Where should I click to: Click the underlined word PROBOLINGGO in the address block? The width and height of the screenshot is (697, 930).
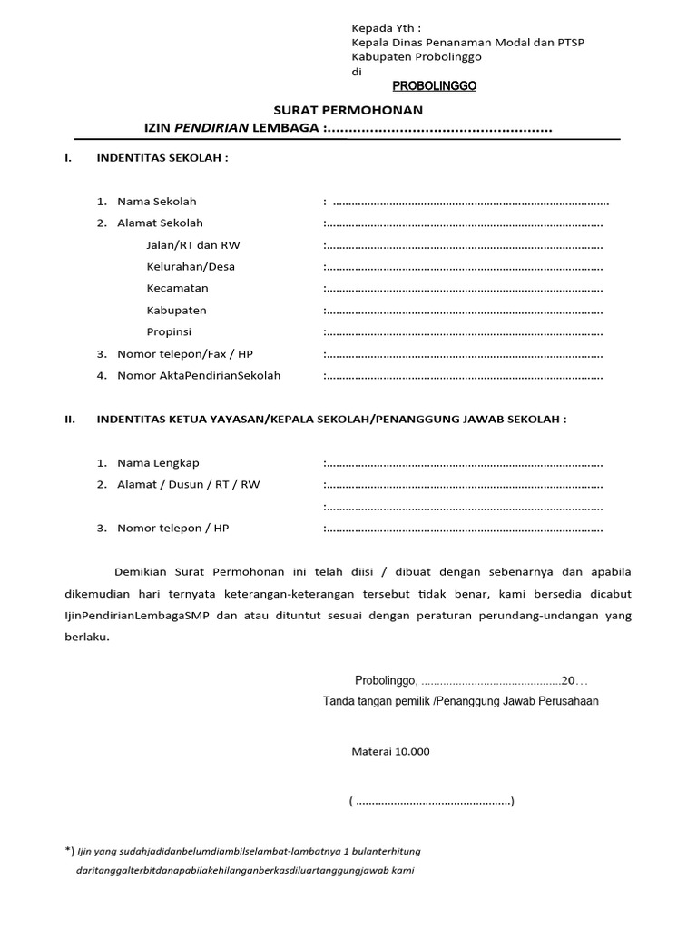click(434, 87)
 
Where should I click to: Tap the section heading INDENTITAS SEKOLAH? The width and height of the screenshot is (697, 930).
click(163, 157)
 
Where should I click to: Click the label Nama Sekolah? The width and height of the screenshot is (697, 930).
click(156, 201)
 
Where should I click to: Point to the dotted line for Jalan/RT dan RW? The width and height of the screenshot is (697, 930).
click(464, 245)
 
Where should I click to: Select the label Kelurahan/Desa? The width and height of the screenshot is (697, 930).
click(191, 267)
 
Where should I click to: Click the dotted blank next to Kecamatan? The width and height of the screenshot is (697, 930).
click(464, 289)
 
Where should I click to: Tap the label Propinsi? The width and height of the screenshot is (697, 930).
click(169, 332)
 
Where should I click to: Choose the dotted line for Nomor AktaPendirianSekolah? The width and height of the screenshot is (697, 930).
click(464, 376)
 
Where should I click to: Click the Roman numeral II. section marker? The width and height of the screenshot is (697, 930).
click(68, 420)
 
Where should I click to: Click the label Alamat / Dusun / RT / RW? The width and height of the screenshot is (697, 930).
click(188, 485)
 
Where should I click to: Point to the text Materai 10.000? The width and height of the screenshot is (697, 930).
click(391, 751)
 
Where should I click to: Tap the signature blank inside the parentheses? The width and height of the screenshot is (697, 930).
click(432, 802)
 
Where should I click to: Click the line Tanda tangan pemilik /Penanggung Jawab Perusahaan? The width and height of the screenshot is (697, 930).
click(460, 701)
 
